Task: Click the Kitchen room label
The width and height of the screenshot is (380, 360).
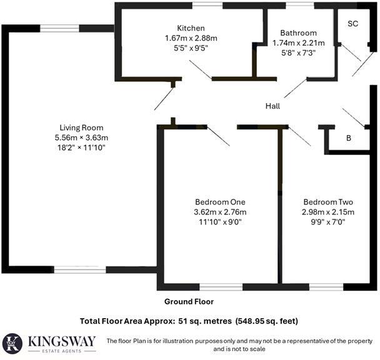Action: (x=191, y=28)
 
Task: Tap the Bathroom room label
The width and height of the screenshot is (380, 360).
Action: (x=298, y=33)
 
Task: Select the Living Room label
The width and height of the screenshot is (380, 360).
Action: (x=81, y=127)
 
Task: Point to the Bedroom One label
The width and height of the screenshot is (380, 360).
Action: (x=220, y=202)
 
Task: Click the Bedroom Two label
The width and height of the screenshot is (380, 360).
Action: (x=328, y=202)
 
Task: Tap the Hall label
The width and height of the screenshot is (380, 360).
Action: (x=272, y=106)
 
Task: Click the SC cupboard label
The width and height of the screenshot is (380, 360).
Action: (x=353, y=24)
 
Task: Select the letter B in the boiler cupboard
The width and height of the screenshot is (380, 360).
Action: (x=349, y=138)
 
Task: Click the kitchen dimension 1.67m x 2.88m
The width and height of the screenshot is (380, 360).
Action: (x=191, y=38)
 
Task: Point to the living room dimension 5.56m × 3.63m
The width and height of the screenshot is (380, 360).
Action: (x=81, y=137)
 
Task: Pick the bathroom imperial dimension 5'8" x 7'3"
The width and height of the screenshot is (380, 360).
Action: (x=298, y=53)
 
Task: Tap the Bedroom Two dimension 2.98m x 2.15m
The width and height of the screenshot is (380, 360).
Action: (x=328, y=212)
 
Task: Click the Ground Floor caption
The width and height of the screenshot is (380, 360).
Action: (x=189, y=302)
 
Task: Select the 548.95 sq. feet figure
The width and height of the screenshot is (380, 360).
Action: (x=267, y=321)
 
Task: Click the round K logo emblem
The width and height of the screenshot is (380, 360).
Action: (x=12, y=344)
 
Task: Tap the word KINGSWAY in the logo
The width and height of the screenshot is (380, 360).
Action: (x=62, y=341)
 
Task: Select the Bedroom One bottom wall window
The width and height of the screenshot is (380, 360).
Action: (x=221, y=287)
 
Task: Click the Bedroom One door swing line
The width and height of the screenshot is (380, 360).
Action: (x=218, y=136)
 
